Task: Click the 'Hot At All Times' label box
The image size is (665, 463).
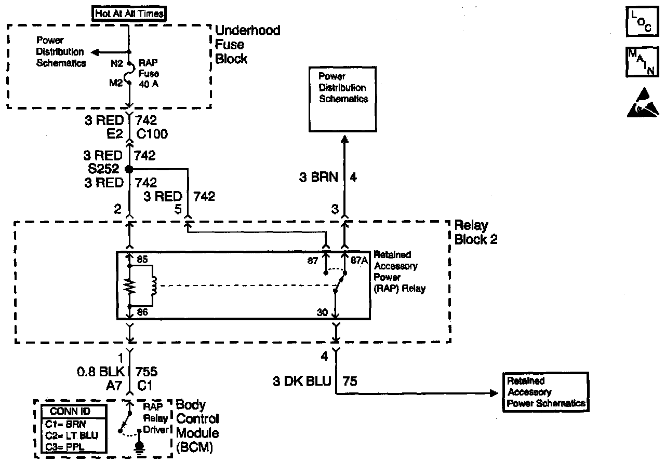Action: click(128, 13)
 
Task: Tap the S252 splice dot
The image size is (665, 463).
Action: click(129, 169)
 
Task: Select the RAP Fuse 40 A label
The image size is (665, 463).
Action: click(148, 73)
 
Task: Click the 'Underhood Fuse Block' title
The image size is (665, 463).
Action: click(247, 44)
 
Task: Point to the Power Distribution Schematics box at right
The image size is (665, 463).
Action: click(343, 88)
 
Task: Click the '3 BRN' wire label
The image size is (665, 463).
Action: click(318, 178)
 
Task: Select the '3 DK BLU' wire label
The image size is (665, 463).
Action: click(302, 382)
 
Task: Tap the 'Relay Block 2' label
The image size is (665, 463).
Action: click(471, 233)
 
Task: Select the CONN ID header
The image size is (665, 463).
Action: click(74, 412)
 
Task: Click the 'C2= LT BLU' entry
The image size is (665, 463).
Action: click(71, 435)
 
